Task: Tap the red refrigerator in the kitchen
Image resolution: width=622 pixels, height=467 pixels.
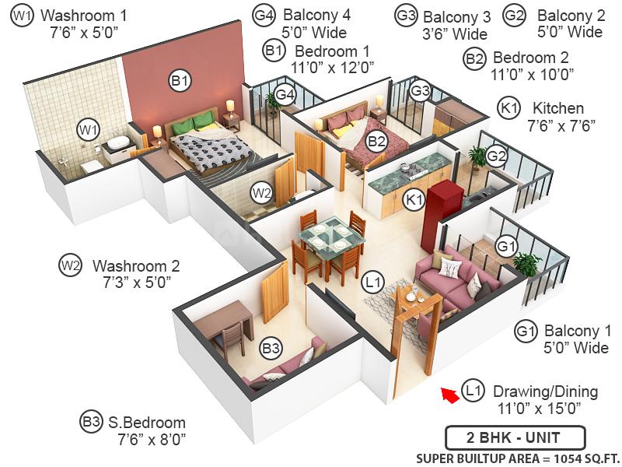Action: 437,202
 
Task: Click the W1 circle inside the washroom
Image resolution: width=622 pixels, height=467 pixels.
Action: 87,129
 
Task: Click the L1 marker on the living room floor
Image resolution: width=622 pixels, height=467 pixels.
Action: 374,280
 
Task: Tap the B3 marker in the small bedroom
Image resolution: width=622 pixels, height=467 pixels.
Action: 270,348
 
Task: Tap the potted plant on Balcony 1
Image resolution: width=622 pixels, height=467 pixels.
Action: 526,265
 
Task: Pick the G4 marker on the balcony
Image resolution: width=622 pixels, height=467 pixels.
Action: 286,95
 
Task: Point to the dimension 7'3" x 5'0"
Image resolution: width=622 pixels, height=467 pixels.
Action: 131,281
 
